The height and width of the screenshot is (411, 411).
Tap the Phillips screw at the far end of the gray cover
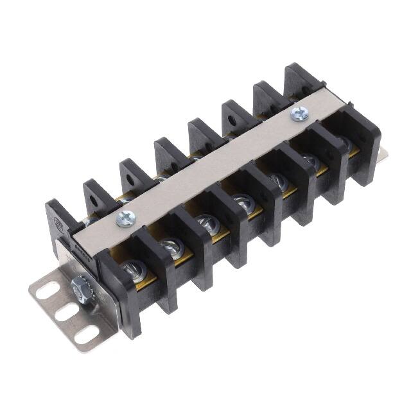point(297,114)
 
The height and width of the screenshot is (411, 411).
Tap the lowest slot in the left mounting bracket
point(83,335)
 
